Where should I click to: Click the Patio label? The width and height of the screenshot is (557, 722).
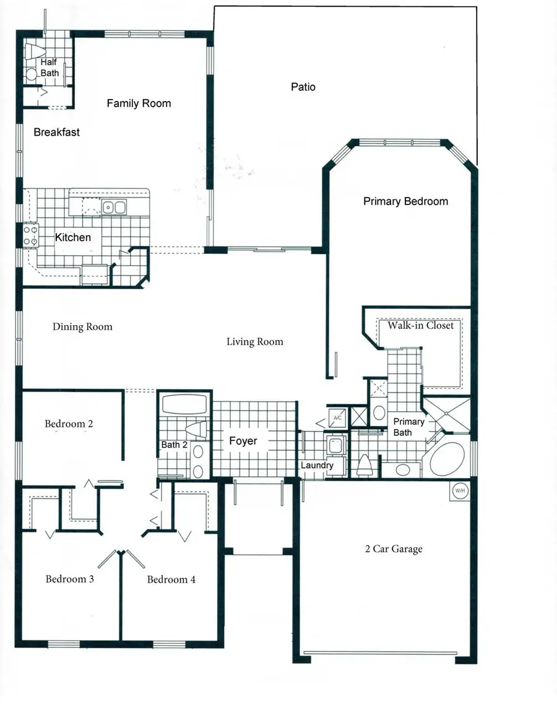coord(303,87)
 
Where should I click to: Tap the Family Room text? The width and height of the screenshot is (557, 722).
coord(139,103)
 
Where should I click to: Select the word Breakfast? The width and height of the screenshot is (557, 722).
coord(56,133)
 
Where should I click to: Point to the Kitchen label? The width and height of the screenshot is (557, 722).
coord(73,237)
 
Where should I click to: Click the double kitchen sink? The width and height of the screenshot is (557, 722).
coord(114,207)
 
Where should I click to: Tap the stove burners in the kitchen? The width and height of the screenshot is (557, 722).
coord(30,235)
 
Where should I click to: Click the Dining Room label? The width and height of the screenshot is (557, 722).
coord(82,327)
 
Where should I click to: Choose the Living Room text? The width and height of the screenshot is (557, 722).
coord(254,342)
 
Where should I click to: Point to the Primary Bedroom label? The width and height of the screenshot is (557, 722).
coord(405,201)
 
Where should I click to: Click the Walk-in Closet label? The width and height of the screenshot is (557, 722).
coord(420,326)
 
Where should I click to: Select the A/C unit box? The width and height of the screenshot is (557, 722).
coord(337,418)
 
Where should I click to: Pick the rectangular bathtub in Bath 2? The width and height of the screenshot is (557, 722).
coord(184,406)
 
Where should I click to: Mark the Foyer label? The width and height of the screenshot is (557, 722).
coord(243,441)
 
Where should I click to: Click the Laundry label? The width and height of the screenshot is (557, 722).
coord(317,466)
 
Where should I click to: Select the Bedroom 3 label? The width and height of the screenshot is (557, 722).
coord(69,580)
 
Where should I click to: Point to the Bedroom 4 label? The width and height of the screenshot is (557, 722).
coord(171,580)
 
